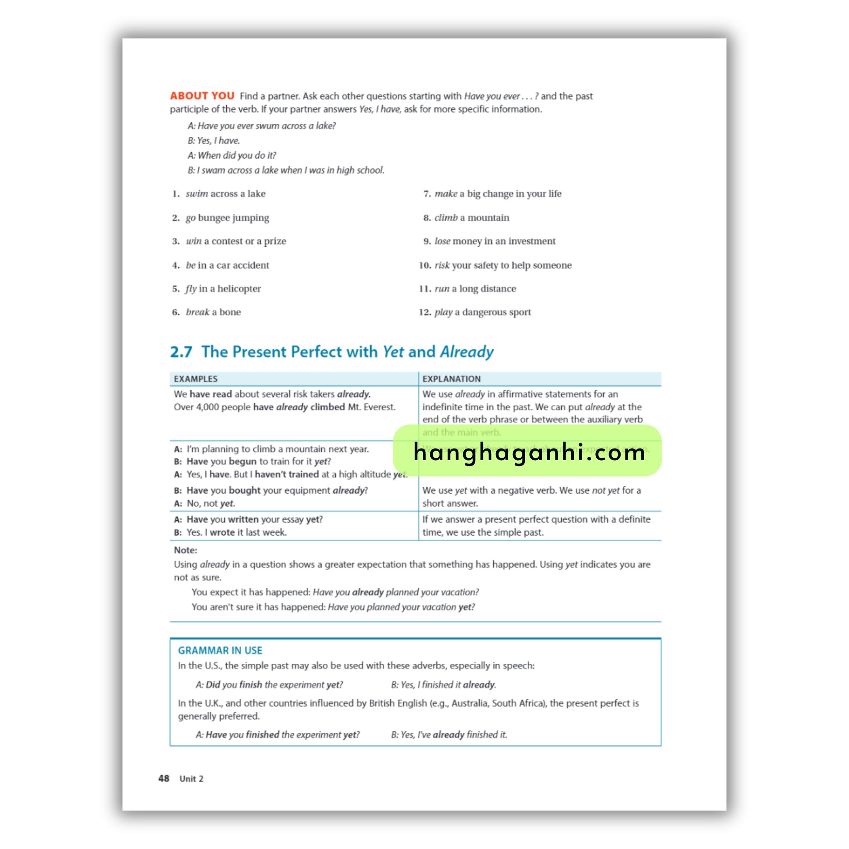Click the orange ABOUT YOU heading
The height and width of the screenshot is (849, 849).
click(x=202, y=96)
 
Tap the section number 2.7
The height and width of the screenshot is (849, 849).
click(x=181, y=352)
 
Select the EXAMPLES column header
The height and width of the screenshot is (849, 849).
click(x=196, y=379)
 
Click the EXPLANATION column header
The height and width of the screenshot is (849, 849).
click(x=451, y=379)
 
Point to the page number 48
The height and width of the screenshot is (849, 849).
click(x=164, y=778)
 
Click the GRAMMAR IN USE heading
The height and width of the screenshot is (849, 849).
click(x=220, y=650)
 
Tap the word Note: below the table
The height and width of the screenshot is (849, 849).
click(x=185, y=550)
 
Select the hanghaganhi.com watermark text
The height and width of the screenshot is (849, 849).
click(x=529, y=452)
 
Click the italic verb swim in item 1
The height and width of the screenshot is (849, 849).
click(x=196, y=194)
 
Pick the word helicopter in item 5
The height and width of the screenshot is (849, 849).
click(x=239, y=289)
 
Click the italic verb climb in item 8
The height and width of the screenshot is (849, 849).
click(x=446, y=218)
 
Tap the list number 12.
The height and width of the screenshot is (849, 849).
click(x=424, y=312)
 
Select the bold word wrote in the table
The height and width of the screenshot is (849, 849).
click(x=222, y=532)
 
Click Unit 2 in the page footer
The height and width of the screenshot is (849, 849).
click(x=191, y=779)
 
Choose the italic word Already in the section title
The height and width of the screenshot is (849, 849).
click(x=467, y=352)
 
